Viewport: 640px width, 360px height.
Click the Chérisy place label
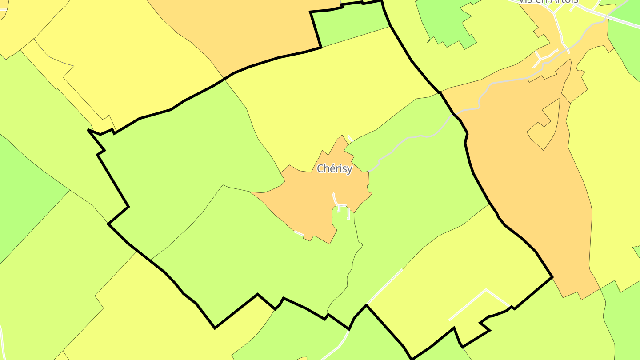click(334, 169)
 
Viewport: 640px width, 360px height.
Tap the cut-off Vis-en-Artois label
click(548, 2)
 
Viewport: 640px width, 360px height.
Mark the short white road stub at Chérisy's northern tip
click(350, 139)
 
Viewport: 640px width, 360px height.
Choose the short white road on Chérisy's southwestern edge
click(299, 233)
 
